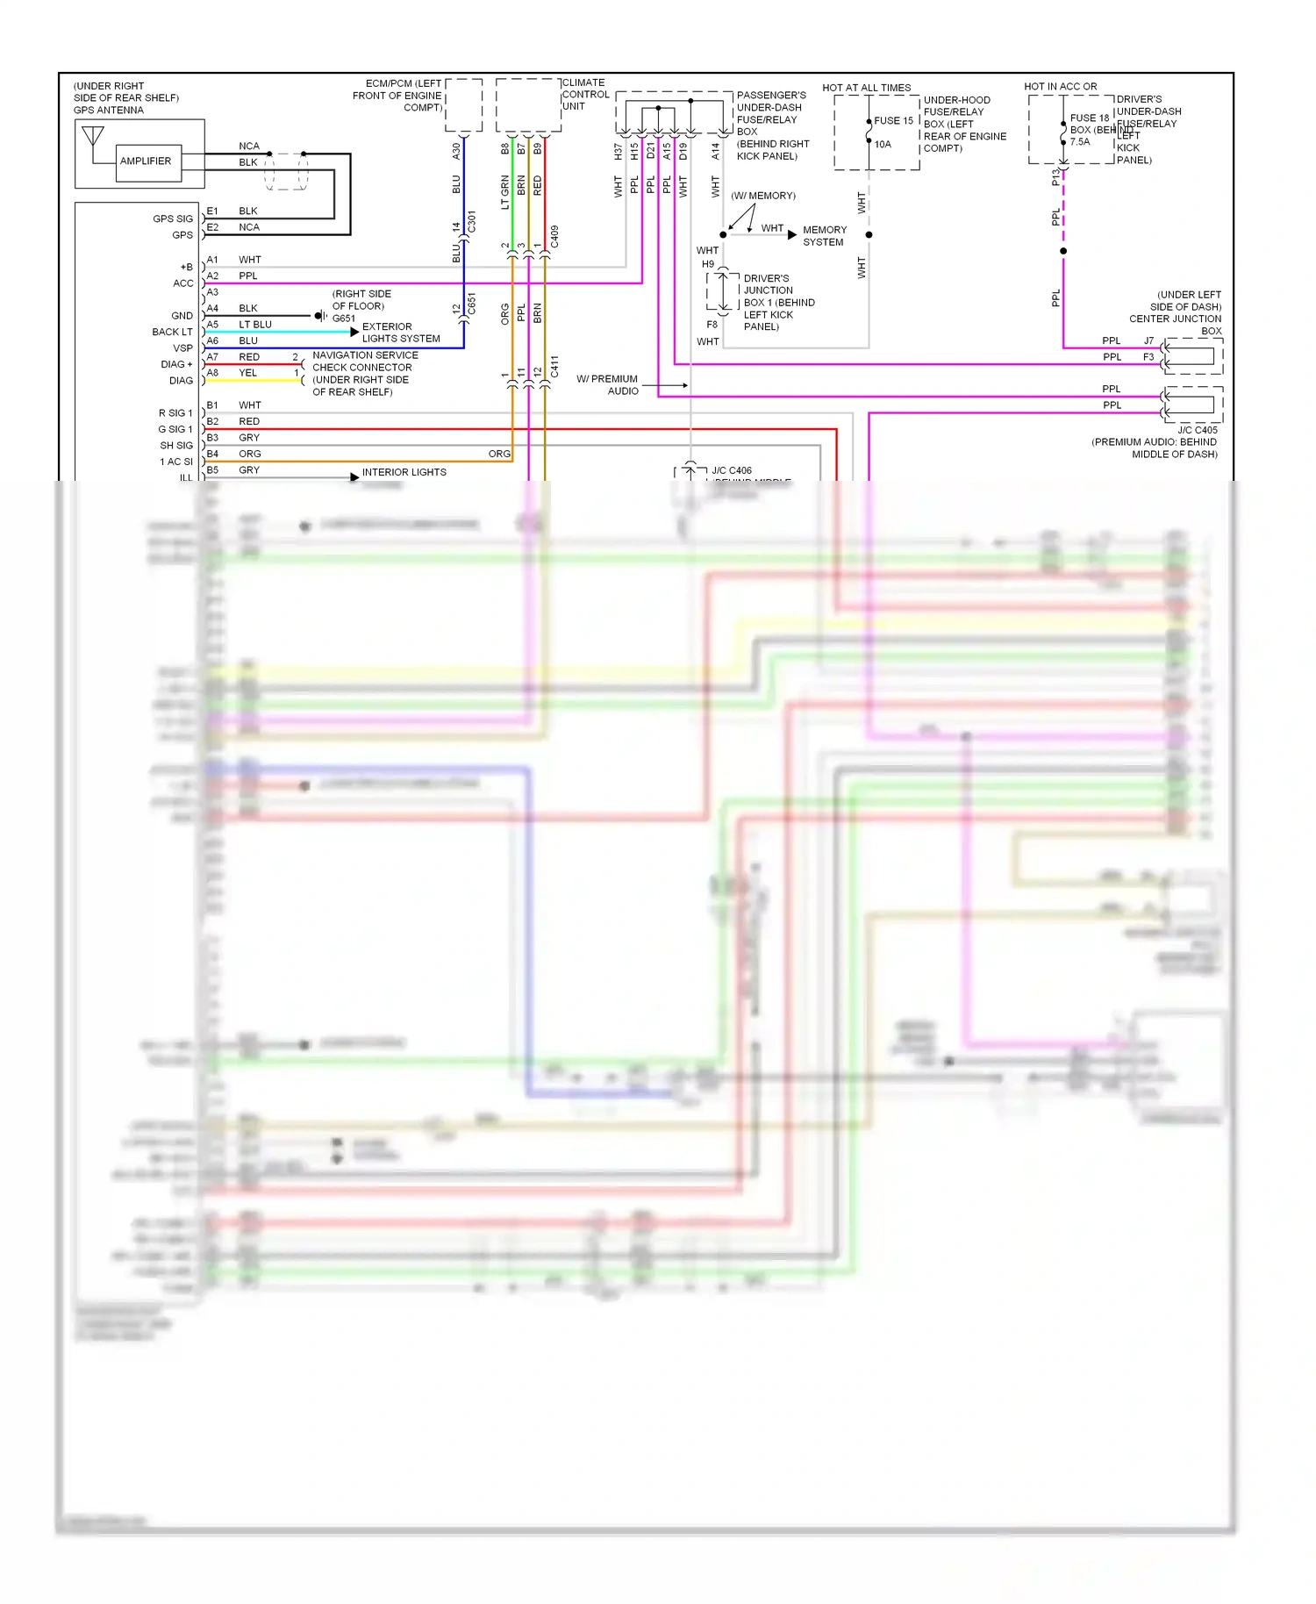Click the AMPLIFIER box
(146, 161)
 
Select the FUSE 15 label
(893, 121)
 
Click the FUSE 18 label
(1089, 118)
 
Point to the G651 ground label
(344, 319)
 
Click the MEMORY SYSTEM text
(824, 236)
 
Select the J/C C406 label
(731, 471)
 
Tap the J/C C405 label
(1197, 430)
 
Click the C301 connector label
(472, 221)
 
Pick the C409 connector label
(554, 236)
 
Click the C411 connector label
(554, 367)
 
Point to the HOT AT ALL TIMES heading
(866, 88)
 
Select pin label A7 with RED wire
(212, 357)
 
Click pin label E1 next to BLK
(212, 211)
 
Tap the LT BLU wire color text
(255, 325)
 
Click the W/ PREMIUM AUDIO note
(608, 385)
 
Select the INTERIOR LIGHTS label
(404, 472)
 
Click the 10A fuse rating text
(883, 145)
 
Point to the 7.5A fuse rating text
(1079, 142)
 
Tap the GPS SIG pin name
(173, 219)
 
